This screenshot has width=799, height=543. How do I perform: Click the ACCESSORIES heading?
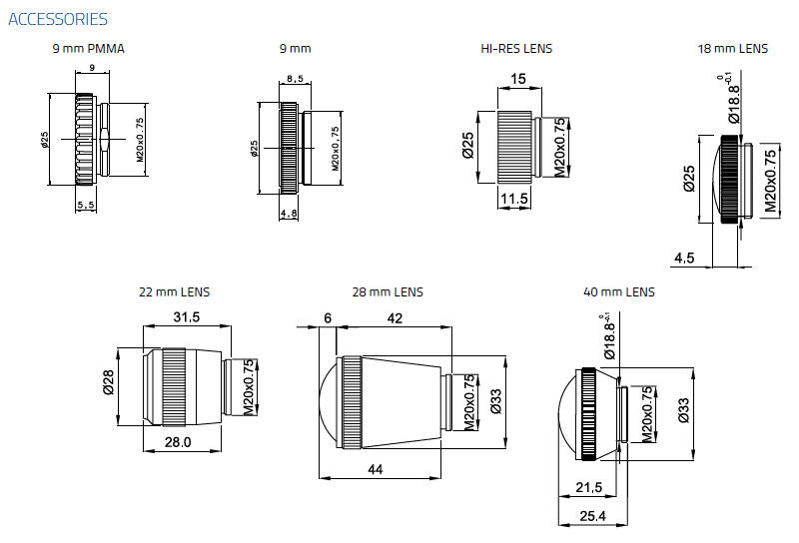click(57, 19)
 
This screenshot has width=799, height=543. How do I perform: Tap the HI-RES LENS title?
click(517, 48)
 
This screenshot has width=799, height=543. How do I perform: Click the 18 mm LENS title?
click(733, 48)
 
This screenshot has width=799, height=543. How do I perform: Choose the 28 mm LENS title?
click(388, 292)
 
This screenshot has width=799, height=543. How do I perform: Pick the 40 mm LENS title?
click(619, 292)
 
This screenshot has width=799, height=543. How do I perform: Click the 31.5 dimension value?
click(187, 316)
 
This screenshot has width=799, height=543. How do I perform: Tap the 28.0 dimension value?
click(179, 441)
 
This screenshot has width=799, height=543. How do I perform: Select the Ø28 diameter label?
click(107, 383)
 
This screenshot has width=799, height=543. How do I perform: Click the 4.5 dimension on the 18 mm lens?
click(684, 258)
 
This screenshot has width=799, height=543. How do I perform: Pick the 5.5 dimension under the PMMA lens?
click(86, 205)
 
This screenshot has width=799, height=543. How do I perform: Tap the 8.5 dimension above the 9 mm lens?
click(295, 78)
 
